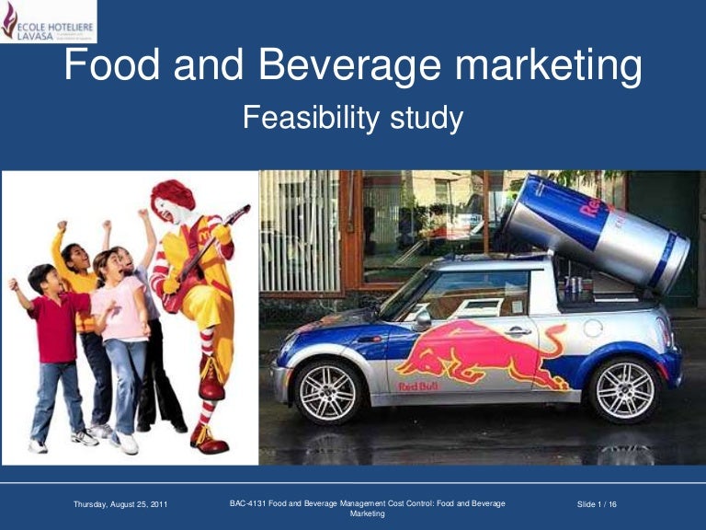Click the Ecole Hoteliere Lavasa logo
point(48,21)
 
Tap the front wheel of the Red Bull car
point(327,391)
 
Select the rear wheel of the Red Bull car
point(625,389)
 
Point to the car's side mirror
point(422,318)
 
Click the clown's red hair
point(173,195)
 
